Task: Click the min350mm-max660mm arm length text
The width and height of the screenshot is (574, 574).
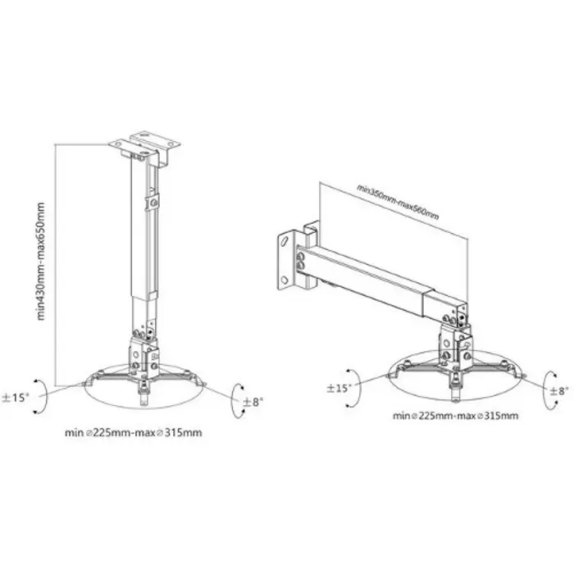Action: [x=398, y=201]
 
